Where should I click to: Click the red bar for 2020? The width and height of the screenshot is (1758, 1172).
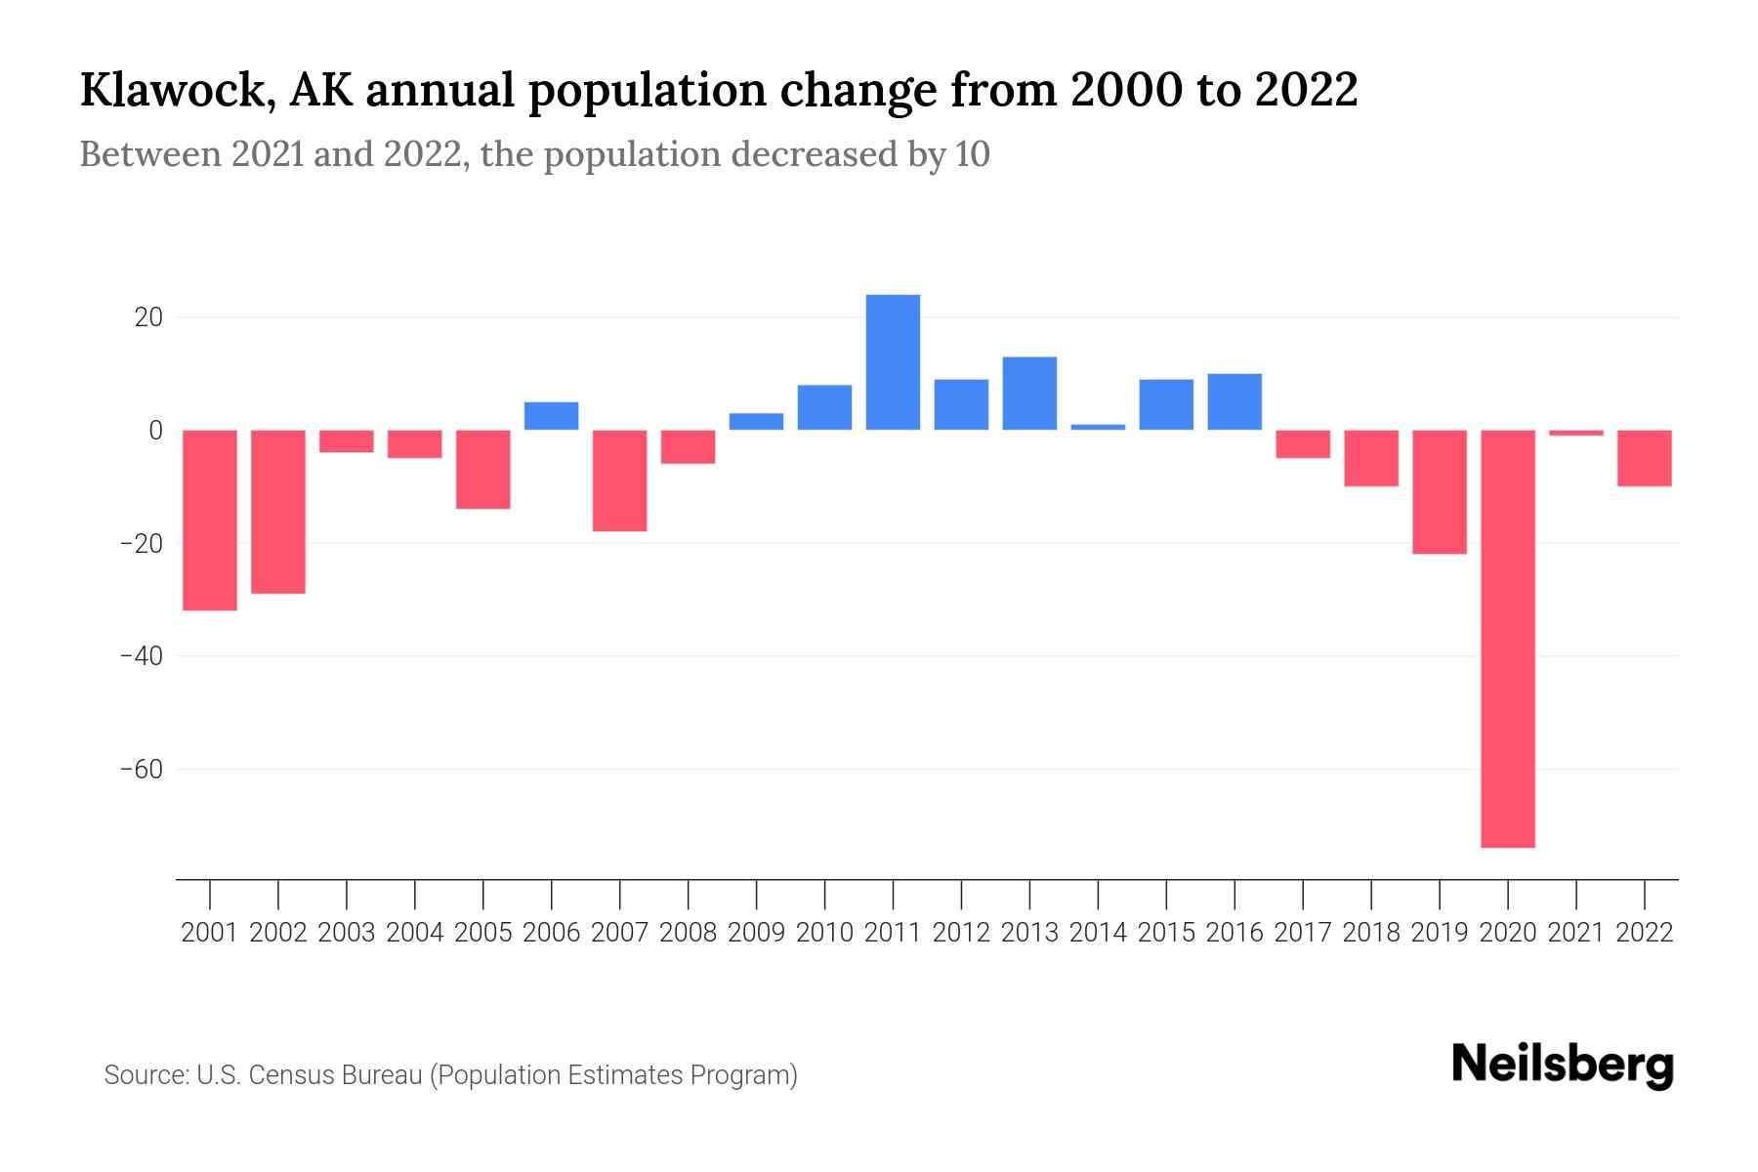coord(1507,639)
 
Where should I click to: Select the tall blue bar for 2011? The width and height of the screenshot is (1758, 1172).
coord(893,362)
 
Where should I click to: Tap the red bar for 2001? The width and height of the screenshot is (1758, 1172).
coord(210,520)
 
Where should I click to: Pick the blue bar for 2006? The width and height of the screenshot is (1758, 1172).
coord(551,416)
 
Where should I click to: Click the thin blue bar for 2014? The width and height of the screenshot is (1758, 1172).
coord(1098,427)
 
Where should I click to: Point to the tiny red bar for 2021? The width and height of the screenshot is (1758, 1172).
coord(1575,433)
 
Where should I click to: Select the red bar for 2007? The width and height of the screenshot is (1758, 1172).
coord(619,481)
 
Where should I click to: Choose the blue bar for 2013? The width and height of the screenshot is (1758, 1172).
coord(1029,394)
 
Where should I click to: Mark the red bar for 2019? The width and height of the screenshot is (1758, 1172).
coord(1439,492)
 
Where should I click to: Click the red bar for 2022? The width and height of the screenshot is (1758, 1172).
coord(1644,458)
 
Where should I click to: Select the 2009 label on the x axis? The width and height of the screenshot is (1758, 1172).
coord(756,933)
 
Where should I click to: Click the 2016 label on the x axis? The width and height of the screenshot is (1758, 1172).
coord(1235,933)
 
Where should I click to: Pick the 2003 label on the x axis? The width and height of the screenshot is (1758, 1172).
coord(347,933)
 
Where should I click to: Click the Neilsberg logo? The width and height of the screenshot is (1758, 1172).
coord(1562,1065)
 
